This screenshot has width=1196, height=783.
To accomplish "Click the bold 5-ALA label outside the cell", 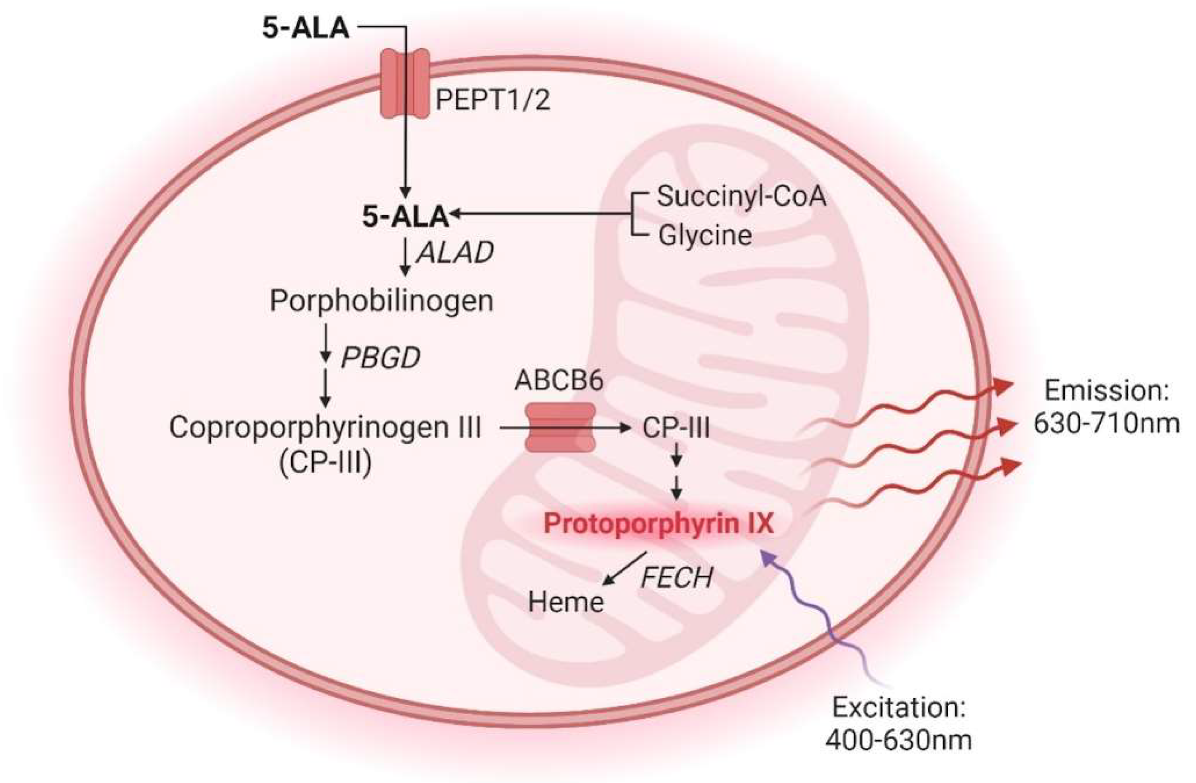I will tap(306, 28).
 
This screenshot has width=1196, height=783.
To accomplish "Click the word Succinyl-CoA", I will tap(741, 196).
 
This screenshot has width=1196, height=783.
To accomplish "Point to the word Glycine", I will tap(704, 236).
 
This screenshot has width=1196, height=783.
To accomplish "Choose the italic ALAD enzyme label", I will tap(455, 253).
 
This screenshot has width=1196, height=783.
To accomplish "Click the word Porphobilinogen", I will tap(382, 302).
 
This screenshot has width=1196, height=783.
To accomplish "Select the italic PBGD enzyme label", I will tap(380, 358).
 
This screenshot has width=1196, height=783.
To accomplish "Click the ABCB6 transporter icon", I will tap(560, 427).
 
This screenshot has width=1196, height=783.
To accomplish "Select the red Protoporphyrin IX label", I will tap(659, 524).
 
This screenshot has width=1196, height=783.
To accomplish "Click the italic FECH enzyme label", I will tap(676, 579).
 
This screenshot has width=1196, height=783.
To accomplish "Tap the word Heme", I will tap(566, 602).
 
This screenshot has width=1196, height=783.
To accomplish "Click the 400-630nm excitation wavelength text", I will tap(898, 740).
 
